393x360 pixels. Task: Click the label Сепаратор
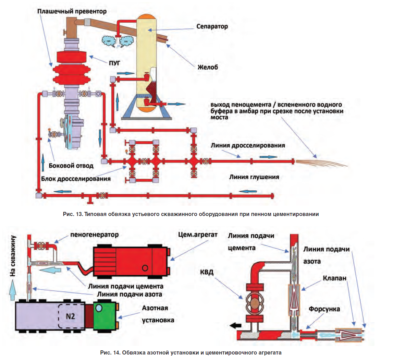point(212,27)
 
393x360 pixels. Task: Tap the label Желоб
point(208,67)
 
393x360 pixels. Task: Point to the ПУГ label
point(114,63)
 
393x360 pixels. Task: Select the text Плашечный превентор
point(72,12)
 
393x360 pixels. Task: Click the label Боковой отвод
point(71,166)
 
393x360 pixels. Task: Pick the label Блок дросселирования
point(76,179)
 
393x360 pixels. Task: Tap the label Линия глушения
point(254,177)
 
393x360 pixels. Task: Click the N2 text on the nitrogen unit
point(71,316)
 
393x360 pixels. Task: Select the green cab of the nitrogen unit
point(104,316)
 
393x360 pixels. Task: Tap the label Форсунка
point(324,309)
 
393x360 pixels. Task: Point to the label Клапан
point(334,278)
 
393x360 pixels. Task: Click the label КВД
point(207,272)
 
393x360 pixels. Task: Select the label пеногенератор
point(95,235)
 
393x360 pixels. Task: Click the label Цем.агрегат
point(198,235)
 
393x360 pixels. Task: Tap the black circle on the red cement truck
point(145,268)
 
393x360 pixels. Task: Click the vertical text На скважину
point(13,256)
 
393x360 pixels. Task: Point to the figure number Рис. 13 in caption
point(73,214)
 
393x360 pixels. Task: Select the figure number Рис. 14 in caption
point(110,353)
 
